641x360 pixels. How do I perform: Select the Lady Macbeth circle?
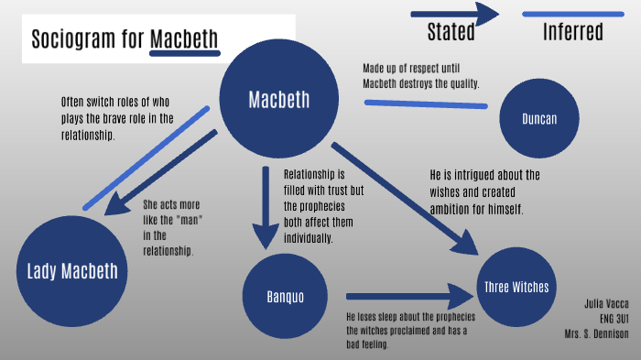tap(71, 272)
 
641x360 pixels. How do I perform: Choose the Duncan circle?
tap(540, 118)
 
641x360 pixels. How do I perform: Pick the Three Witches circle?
tap(516, 288)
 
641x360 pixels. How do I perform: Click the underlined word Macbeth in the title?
tap(185, 39)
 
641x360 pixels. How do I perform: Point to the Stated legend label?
tap(451, 32)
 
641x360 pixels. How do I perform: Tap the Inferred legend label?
tap(573, 32)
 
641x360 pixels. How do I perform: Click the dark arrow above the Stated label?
tap(454, 13)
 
